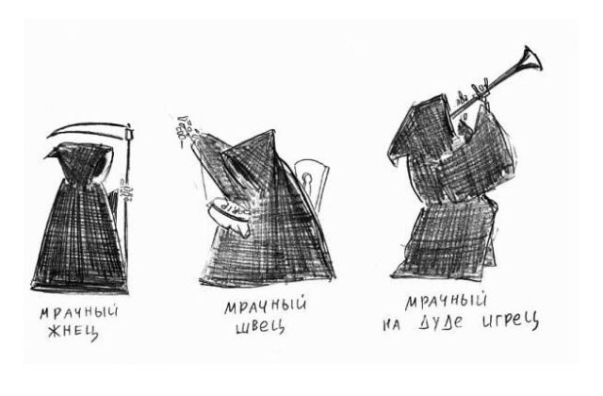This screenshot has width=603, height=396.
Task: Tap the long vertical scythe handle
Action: click(x=128, y=207)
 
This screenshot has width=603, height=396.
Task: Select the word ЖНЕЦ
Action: click(x=73, y=332)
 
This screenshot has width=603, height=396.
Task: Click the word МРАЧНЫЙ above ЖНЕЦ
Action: click(x=79, y=312)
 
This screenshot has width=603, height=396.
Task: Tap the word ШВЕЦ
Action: click(x=260, y=326)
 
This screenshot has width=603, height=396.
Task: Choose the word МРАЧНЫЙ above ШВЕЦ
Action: click(x=266, y=305)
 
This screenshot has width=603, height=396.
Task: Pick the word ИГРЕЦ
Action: click(x=511, y=321)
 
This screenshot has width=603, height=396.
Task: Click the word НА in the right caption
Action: click(x=392, y=325)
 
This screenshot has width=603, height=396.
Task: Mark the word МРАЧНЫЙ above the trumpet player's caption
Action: click(x=446, y=301)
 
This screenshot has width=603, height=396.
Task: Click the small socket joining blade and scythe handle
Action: click(x=128, y=134)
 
